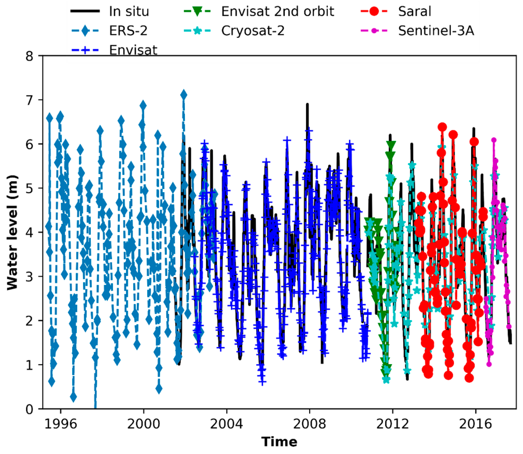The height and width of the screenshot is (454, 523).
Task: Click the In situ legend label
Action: pyautogui.click(x=129, y=11)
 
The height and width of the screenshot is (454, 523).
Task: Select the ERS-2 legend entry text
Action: pyautogui.click(x=128, y=31)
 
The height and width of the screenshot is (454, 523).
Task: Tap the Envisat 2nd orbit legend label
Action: pyautogui.click(x=278, y=11)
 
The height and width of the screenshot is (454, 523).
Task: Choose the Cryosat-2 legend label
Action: pyautogui.click(x=253, y=31)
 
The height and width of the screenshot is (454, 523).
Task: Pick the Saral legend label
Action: pyautogui.click(x=415, y=11)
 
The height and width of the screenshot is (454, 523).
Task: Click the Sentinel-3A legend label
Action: pyautogui.click(x=436, y=31)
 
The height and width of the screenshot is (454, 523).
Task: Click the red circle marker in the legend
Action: pyautogui.click(x=374, y=11)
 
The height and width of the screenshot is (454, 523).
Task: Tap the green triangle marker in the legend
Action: pyautogui.click(x=197, y=12)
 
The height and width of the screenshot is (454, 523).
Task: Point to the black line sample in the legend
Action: pyautogui.click(x=85, y=11)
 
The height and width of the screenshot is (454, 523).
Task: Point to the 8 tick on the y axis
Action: pyautogui.click(x=29, y=56)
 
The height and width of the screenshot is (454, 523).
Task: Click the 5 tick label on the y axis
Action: pyautogui.click(x=29, y=188)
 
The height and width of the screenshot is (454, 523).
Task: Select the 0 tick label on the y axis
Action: pyautogui.click(x=29, y=409)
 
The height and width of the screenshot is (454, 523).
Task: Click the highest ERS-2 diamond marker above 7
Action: pyautogui.click(x=184, y=95)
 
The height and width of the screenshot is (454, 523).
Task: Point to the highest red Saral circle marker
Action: pyautogui.click(x=442, y=127)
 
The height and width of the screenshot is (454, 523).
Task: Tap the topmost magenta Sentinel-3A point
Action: pyautogui.click(x=494, y=140)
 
